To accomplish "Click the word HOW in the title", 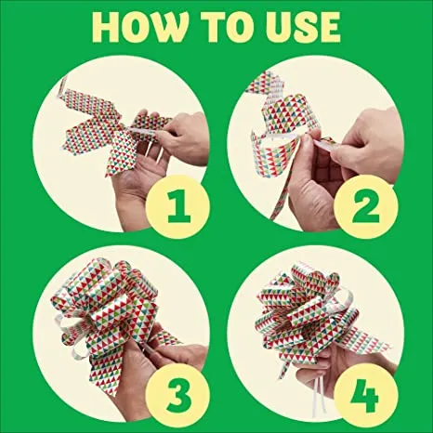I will tap(140, 28).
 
